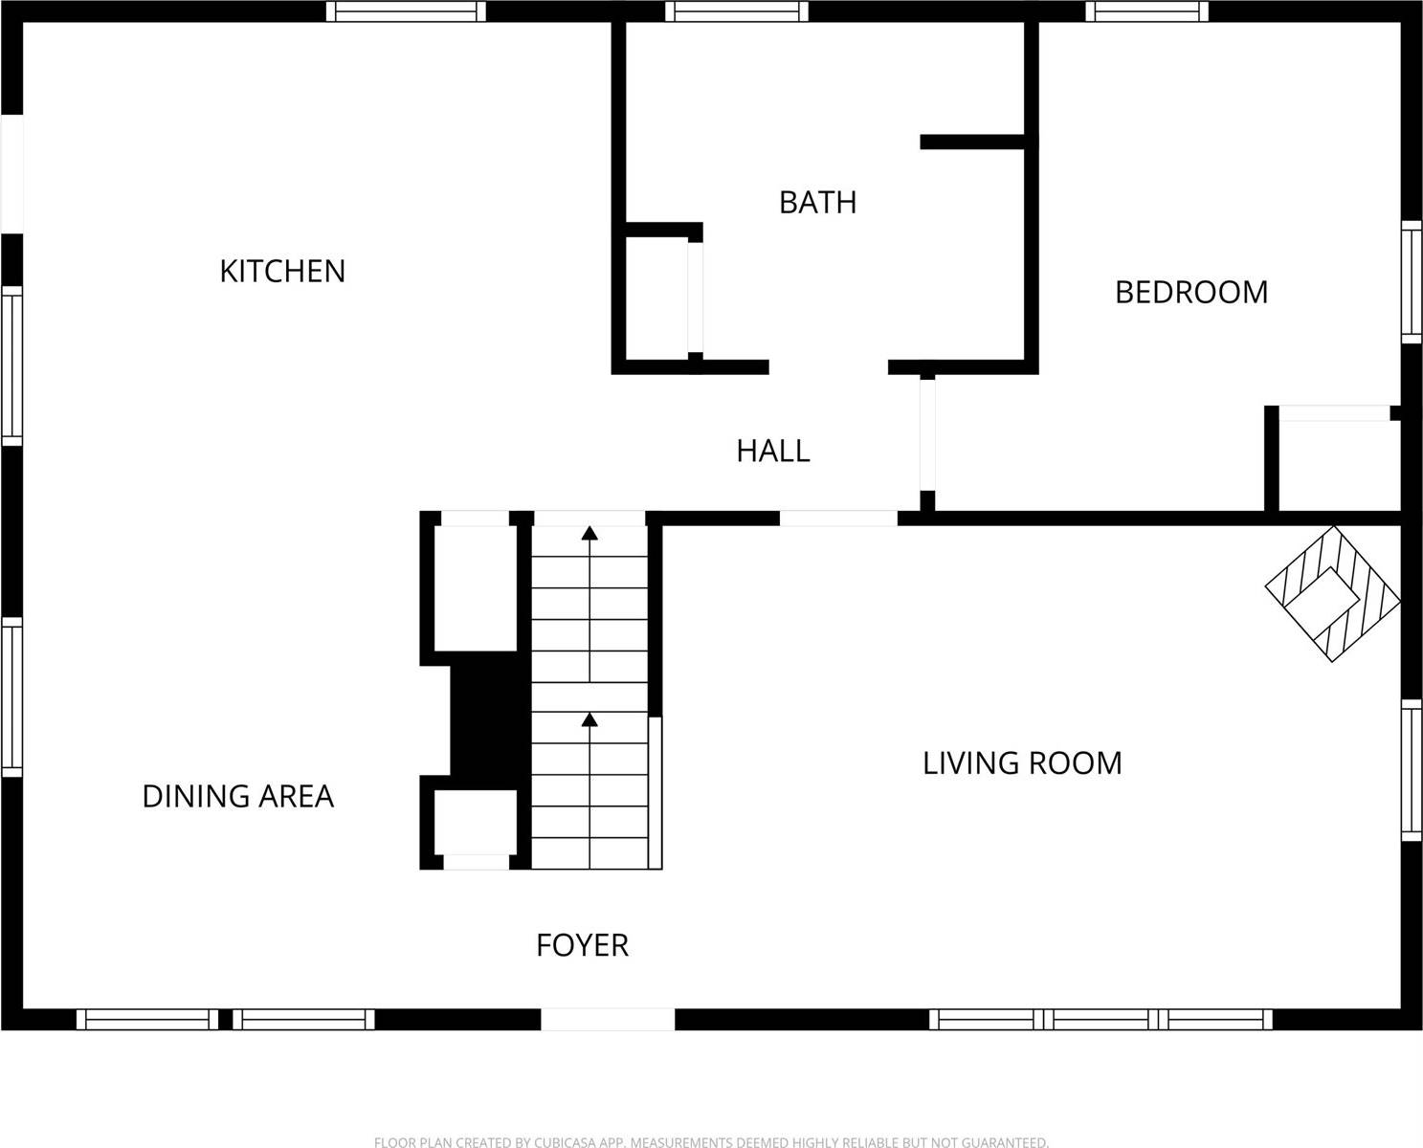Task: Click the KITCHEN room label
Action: [282, 272]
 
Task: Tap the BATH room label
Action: [817, 203]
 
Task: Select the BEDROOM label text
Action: [1191, 292]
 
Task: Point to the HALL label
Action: [773, 451]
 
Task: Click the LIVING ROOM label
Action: [1022, 763]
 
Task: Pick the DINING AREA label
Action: [237, 796]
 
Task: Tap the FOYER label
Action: [582, 945]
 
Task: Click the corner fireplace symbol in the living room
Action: [1332, 593]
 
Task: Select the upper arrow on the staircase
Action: [590, 534]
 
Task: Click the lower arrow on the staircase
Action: [590, 719]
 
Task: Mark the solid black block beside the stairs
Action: [489, 719]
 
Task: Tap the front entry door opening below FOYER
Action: [609, 1019]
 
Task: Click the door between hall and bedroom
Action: [926, 435]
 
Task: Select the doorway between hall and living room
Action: [838, 519]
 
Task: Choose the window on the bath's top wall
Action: [737, 11]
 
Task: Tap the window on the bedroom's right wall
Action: [1412, 281]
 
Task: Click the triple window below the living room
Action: [1101, 1019]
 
